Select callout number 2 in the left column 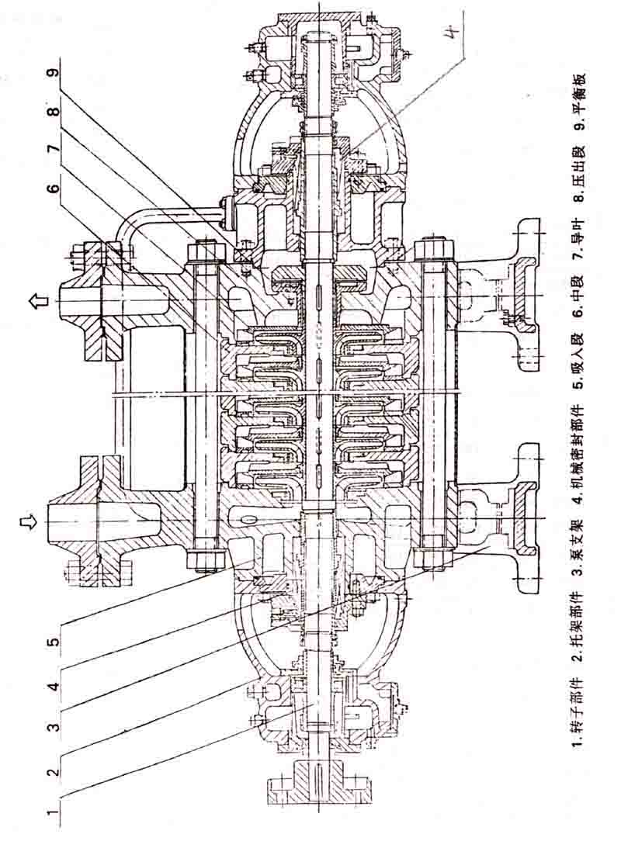(x=54, y=770)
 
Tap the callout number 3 (x=54, y=727)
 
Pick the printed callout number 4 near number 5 (x=54, y=686)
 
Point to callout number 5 (x=54, y=643)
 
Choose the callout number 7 (x=54, y=151)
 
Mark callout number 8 (x=54, y=110)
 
